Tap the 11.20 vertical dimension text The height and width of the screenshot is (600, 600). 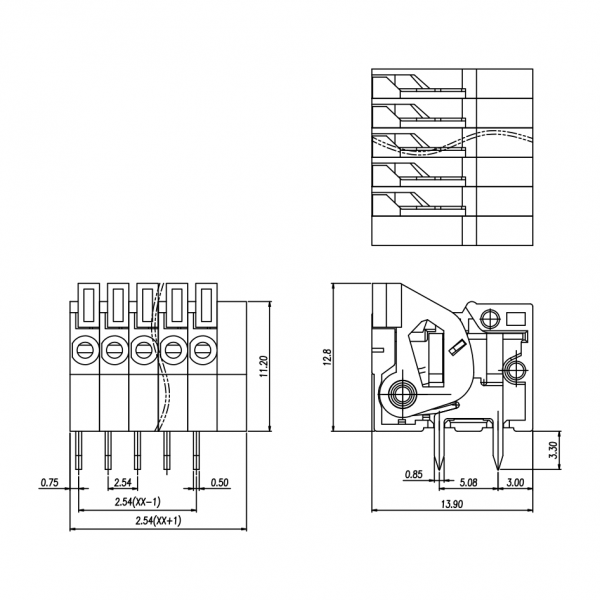pyautogui.click(x=264, y=369)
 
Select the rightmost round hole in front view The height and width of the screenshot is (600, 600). pyautogui.click(x=204, y=350)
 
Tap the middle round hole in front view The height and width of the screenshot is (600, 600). pyautogui.click(x=143, y=350)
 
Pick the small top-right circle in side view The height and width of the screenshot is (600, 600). pyautogui.click(x=489, y=319)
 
